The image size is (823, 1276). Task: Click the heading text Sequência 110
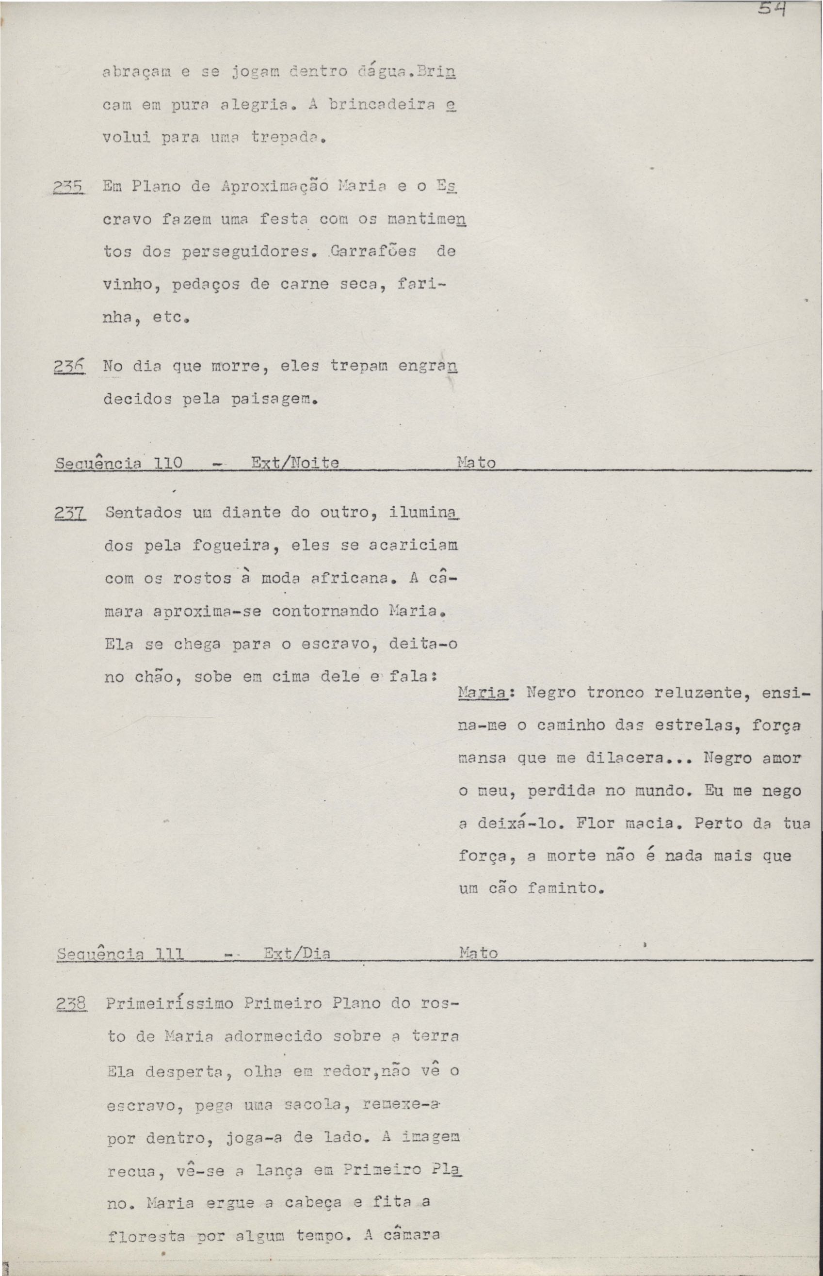[119, 463]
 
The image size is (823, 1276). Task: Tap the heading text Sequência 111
[120, 954]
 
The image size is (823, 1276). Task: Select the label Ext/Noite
[294, 463]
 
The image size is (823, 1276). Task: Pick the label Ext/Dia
[297, 954]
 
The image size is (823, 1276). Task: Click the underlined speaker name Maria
[482, 693]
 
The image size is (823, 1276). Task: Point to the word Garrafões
[373, 252]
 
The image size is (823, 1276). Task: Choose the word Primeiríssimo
[169, 1004]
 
